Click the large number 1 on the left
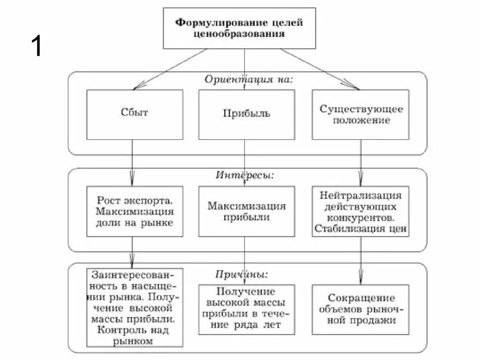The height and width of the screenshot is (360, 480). [37, 47]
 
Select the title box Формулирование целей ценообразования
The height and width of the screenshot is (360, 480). [246, 28]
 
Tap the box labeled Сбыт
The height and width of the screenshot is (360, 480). [134, 114]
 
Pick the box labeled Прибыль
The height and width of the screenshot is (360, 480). [246, 114]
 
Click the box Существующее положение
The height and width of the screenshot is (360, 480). [361, 114]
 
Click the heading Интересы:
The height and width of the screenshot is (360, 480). [245, 175]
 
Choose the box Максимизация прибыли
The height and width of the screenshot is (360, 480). [246, 211]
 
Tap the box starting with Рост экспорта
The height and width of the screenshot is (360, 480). [134, 211]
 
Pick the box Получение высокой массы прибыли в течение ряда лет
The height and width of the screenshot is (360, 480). [246, 309]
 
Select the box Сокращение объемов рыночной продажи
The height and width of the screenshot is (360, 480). [361, 309]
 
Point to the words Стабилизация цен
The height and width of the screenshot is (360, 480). [361, 229]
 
